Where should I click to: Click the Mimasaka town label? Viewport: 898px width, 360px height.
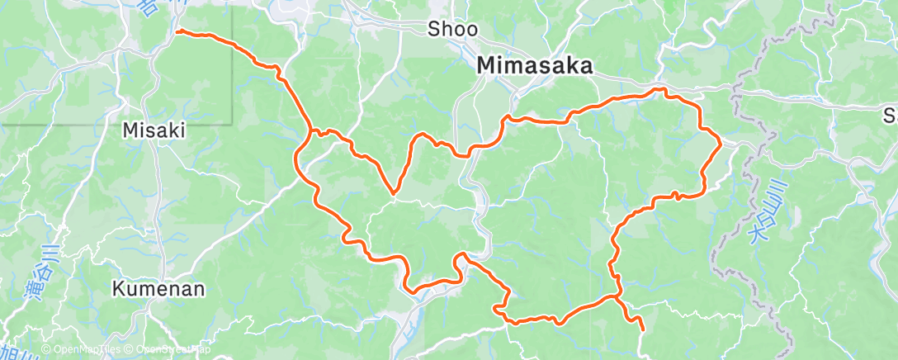pyautogui.click(x=536, y=66)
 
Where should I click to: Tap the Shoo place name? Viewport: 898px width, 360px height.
pyautogui.click(x=452, y=30)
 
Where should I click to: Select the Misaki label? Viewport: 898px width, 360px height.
pyautogui.click(x=154, y=130)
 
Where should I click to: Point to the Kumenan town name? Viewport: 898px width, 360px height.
pyautogui.click(x=158, y=290)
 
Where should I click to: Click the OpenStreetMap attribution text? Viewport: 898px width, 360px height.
pyautogui.click(x=169, y=350)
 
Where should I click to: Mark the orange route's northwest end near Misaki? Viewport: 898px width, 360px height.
pyautogui.click(x=178, y=32)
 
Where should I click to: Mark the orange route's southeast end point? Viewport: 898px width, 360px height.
pyautogui.click(x=642, y=329)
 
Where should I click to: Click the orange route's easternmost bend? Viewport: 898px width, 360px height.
pyautogui.click(x=721, y=143)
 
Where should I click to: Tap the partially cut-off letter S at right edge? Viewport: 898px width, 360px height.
pyautogui.click(x=890, y=115)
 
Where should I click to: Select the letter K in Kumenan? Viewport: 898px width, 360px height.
pyautogui.click(x=118, y=290)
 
